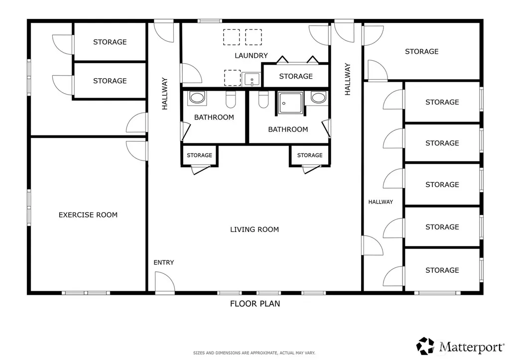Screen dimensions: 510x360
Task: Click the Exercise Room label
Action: [88, 215]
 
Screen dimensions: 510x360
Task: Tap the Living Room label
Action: [255, 229]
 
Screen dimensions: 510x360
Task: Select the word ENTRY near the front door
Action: [163, 262]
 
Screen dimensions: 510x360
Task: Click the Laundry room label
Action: [251, 56]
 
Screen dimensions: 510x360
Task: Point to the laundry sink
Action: [252, 79]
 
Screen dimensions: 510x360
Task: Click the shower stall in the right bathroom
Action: [290, 103]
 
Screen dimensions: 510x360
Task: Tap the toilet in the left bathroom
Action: [231, 99]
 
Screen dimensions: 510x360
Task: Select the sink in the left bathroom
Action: [197, 98]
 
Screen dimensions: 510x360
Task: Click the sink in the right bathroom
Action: [318, 97]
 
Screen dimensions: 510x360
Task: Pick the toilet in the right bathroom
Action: [263, 99]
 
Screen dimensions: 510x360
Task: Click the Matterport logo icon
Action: [425, 346]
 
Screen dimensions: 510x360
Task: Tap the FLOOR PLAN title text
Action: [255, 304]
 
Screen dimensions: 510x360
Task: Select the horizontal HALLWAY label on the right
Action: [381, 202]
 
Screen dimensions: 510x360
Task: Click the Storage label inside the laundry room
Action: [296, 76]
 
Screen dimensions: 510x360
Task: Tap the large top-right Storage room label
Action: [421, 51]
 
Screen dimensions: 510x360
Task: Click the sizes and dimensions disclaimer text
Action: [254, 353]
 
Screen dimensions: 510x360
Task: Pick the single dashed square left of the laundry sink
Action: [232, 78]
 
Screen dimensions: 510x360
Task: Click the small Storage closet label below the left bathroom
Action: [199, 155]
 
